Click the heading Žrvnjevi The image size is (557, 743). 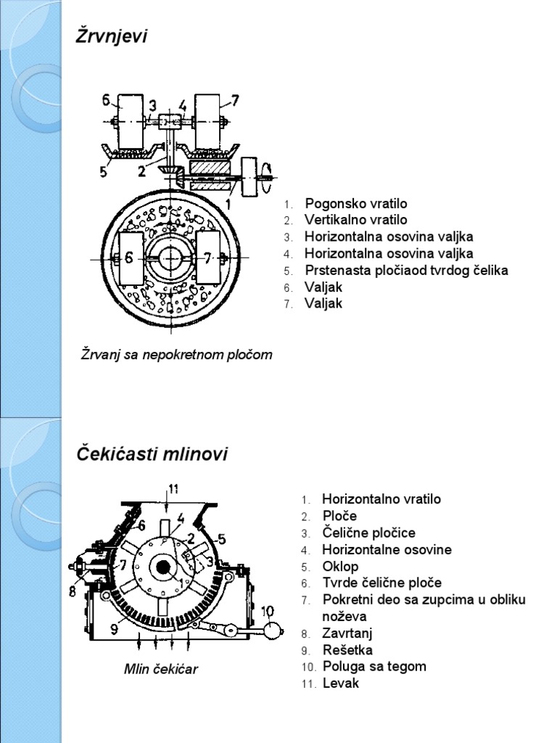coord(112,37)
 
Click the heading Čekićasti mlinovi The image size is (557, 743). coord(152,455)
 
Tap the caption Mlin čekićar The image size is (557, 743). coord(160,669)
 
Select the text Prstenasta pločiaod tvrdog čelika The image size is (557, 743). coord(406,270)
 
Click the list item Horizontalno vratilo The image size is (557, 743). coord(381,499)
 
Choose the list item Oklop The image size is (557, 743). coord(340,566)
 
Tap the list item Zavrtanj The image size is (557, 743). coord(347,633)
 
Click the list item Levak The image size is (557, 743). coord(341,683)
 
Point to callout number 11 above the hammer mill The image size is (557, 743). coord(173,487)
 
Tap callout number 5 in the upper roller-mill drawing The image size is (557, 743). coord(104,172)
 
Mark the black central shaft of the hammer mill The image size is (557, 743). coord(162,567)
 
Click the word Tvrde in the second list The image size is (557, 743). coord(338,583)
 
